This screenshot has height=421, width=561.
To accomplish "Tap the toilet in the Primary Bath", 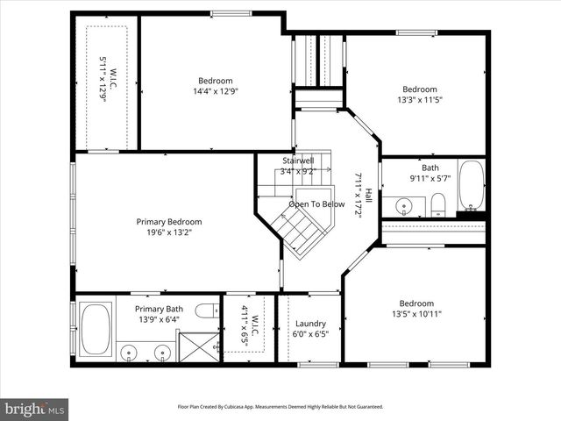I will (208, 310).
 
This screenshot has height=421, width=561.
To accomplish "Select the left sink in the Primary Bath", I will (130, 353).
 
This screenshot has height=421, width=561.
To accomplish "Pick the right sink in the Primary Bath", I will (162, 353).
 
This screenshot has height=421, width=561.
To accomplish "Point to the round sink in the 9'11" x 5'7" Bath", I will (404, 207).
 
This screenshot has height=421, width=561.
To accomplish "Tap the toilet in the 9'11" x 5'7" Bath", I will (438, 206).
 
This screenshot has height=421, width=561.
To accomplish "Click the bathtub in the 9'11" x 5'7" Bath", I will (472, 187).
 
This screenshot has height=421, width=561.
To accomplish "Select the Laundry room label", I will (310, 323).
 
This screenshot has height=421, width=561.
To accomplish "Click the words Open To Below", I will (316, 204).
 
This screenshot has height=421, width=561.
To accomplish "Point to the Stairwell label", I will (298, 161).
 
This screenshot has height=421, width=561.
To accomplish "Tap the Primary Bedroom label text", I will (168, 222).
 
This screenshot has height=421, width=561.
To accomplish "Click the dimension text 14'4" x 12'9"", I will (216, 90).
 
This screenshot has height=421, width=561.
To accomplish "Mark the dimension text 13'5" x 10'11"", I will (416, 315).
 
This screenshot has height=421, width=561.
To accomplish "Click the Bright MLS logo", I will (35, 409).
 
